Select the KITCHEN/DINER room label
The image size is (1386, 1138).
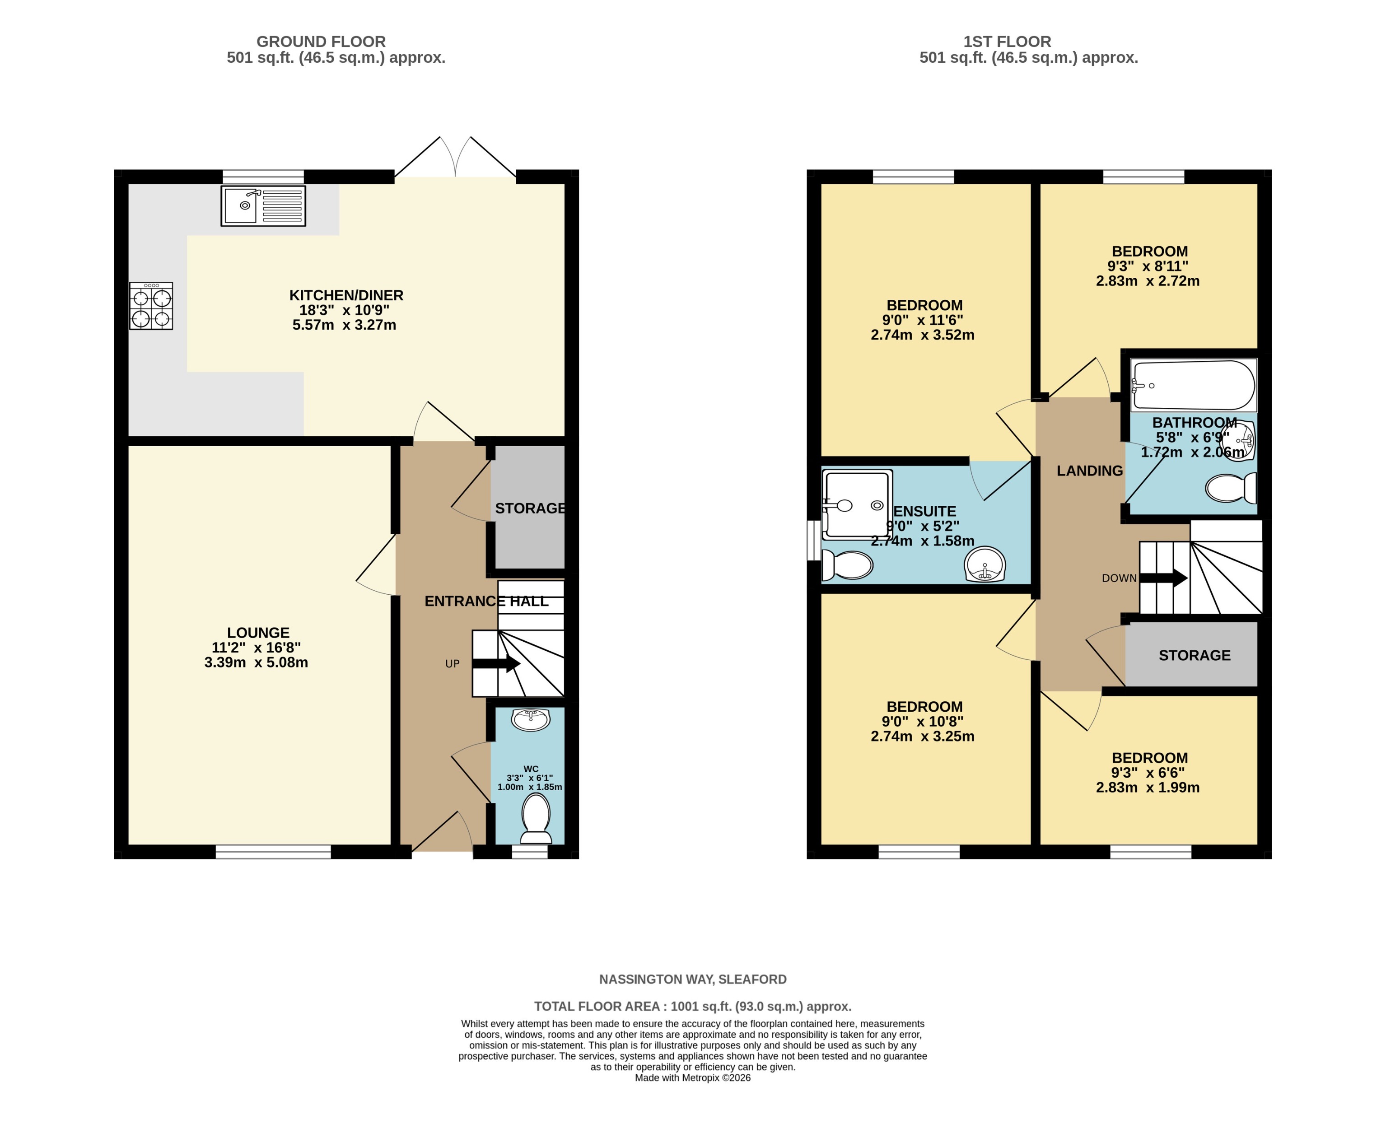point(346,296)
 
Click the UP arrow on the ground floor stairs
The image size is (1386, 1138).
point(496,664)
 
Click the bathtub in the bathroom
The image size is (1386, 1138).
point(1193,386)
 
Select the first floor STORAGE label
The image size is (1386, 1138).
point(1194,656)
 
